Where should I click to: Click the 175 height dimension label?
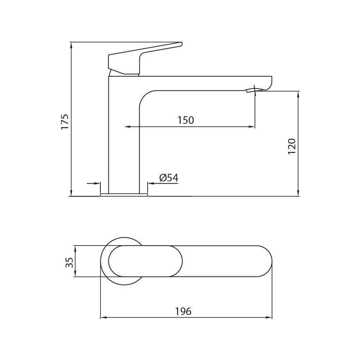[x=65, y=121]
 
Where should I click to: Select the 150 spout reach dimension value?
[x=186, y=120]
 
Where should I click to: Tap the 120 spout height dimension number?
[x=292, y=147]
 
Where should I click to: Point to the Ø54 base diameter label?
[x=169, y=178]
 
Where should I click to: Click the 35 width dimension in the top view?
[x=69, y=262]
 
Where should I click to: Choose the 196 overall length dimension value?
[x=183, y=311]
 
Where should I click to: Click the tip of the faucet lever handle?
[x=181, y=44]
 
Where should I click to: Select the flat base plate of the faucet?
[x=124, y=195]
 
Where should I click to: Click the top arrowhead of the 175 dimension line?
[x=71, y=45]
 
